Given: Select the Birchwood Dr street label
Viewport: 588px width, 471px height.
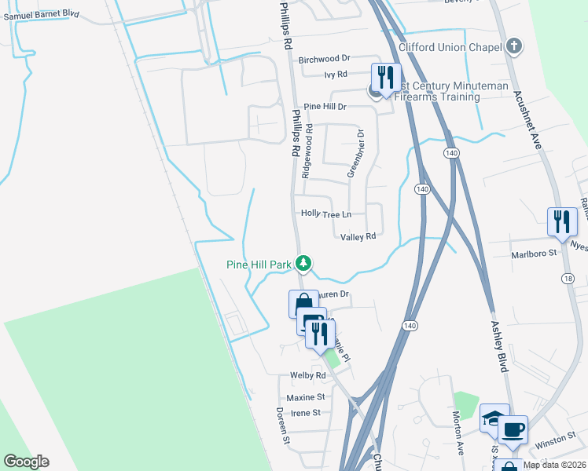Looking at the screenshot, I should coord(324,59).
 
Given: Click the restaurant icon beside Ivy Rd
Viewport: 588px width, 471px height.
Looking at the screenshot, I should coord(385,78).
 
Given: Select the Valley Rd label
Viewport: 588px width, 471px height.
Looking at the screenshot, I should coord(358,236).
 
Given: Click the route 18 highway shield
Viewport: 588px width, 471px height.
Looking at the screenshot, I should coord(568,279).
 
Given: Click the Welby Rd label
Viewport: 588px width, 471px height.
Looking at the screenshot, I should coord(307,376).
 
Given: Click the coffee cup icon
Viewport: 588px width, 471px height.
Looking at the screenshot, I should coord(513,429).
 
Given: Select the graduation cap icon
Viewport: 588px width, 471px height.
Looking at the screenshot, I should coord(494,418).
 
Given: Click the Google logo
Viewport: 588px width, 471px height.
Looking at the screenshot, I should coord(26,462).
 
